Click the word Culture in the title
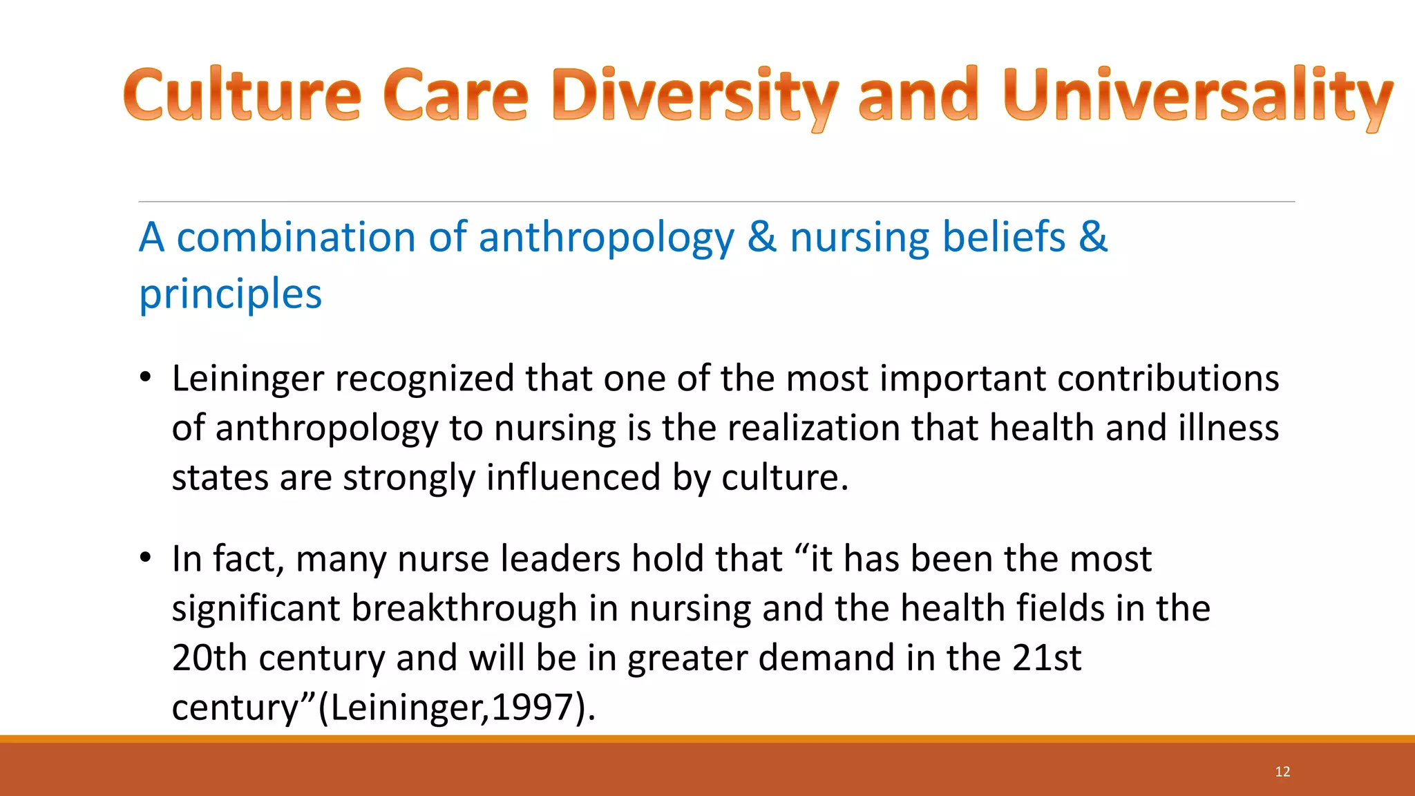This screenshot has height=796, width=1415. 242,95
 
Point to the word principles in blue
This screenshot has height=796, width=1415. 230,294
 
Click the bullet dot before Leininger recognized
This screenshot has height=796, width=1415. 145,377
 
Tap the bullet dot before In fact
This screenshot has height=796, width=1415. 145,558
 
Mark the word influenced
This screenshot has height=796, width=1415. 573,478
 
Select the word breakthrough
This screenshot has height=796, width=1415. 464,609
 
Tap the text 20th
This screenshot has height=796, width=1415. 209,658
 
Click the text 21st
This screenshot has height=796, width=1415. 1047,658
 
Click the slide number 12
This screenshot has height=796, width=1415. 1282,772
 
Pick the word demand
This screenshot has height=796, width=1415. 826,658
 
